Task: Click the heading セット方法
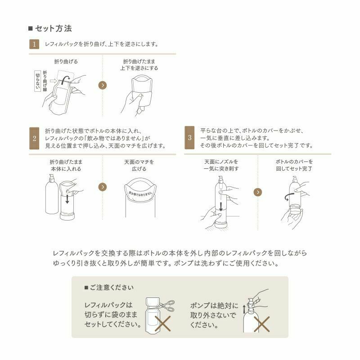point(53,29)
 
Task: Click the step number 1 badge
point(34,45)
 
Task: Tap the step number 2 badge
point(34,138)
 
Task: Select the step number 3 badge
point(189,138)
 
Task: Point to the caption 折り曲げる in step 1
point(66,61)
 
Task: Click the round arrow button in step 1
point(103,85)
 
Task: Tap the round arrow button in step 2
point(103,186)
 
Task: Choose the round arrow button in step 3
point(257,192)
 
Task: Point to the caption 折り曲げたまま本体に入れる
point(66,165)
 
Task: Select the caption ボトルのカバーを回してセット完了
point(294,165)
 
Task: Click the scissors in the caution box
point(164,306)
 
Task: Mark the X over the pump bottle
point(262,323)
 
